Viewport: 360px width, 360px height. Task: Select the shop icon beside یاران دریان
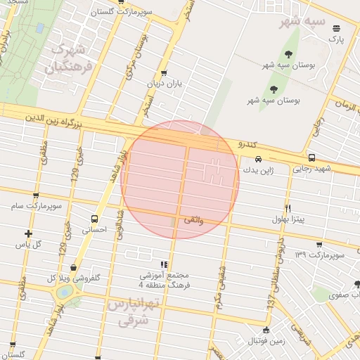tap(164, 73)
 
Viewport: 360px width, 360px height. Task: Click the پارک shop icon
tap(337, 28)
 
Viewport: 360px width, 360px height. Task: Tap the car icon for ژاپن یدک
tap(258, 159)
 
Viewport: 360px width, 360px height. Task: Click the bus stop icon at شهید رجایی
tap(311, 158)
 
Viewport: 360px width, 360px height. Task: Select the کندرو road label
tap(247, 144)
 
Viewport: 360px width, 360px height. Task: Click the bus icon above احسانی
tap(95, 218)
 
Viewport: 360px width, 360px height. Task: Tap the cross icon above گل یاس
tap(28, 233)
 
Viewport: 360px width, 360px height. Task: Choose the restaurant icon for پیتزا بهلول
tap(288, 208)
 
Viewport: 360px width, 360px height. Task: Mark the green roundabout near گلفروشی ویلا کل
tap(65, 290)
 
